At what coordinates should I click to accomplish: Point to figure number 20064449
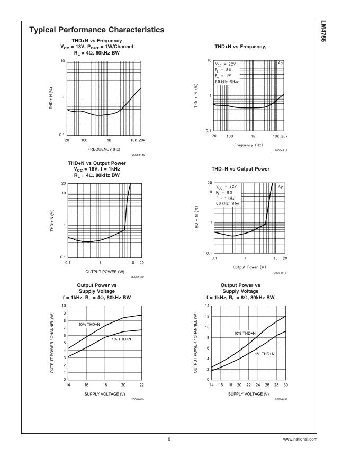(138, 155)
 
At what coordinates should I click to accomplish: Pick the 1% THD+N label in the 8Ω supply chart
(265, 353)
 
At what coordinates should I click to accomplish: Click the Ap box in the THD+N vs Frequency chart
(281, 62)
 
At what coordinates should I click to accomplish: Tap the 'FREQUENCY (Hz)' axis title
(104, 149)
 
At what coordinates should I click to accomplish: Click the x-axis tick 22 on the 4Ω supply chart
(142, 385)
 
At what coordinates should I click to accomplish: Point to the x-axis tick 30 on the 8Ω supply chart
(286, 385)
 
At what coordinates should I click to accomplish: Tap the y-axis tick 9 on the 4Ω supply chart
(64, 313)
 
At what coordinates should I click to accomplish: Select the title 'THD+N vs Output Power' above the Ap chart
(240, 168)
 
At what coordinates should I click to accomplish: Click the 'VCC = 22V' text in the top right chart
(225, 64)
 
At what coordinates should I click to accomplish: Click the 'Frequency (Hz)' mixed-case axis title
(248, 145)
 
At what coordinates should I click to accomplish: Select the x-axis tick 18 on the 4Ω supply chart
(105, 385)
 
